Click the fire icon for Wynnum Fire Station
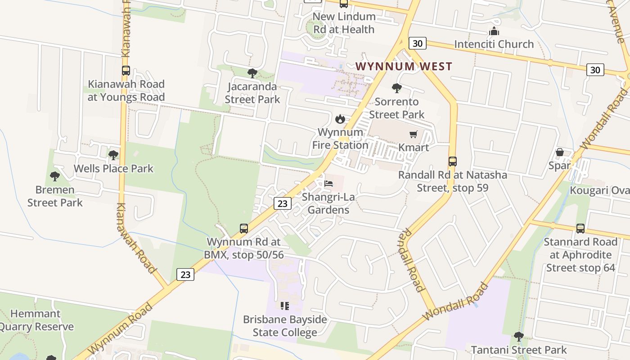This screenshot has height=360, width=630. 340,119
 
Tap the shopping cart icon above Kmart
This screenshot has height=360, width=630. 414,134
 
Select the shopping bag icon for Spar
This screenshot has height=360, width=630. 559,153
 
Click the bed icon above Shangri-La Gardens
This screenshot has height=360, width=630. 329,184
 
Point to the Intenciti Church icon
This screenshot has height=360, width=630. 494,31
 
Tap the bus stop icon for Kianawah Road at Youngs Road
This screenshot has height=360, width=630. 126,71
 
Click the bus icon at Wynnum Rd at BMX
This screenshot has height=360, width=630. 244,229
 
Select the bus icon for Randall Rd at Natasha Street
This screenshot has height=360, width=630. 453,162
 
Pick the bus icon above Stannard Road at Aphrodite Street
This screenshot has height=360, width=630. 580,229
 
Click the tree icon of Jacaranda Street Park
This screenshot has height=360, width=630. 252,73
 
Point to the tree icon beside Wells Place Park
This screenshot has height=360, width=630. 113,155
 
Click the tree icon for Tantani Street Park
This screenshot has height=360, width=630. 518,337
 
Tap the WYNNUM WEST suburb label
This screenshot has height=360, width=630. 404,67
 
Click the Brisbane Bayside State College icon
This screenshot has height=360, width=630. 285,306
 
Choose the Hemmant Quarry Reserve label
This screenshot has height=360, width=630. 36,320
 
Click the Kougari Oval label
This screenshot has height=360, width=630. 599,190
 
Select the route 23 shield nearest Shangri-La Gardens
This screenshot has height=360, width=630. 282,203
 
